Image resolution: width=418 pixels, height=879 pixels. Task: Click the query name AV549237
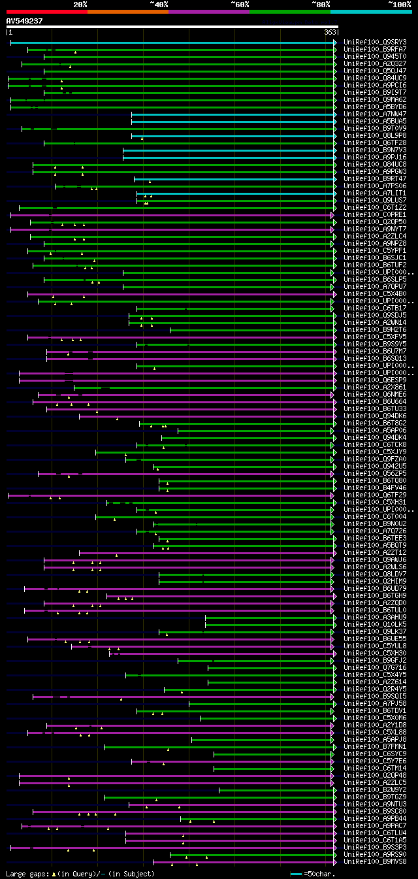[x=25, y=21]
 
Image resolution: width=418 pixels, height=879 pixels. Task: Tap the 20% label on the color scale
[x=80, y=5]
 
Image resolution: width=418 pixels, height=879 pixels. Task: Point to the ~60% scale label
[x=240, y=5]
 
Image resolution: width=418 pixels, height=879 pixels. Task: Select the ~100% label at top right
[x=399, y=5]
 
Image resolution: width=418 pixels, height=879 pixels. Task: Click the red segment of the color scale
[x=46, y=11]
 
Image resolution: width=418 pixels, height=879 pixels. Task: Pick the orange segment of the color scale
[x=127, y=11]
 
